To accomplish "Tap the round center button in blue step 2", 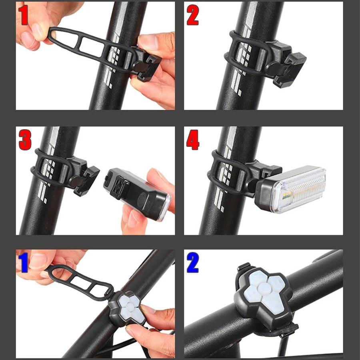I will point(262,288).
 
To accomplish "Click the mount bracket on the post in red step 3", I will point(84,176).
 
